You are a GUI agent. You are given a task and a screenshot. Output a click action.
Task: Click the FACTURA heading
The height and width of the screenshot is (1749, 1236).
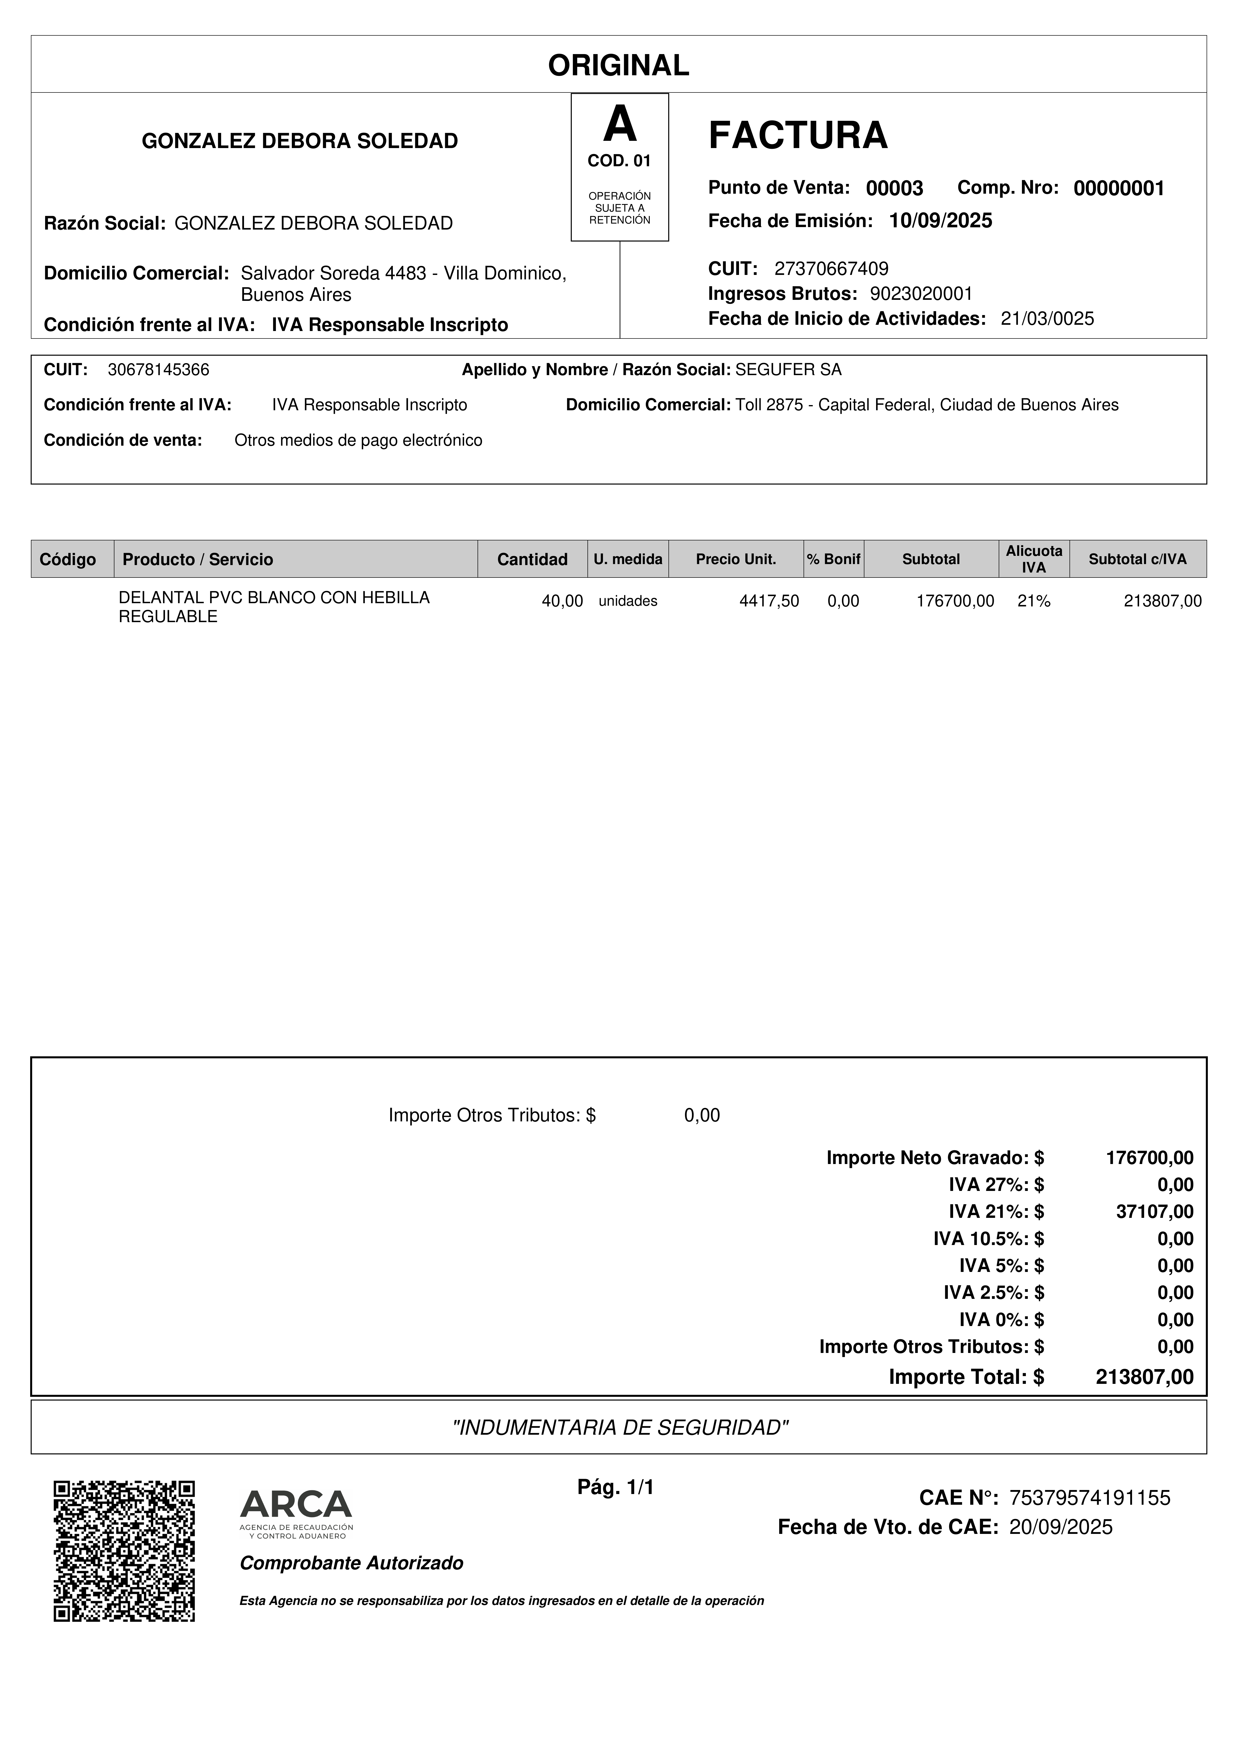point(797,136)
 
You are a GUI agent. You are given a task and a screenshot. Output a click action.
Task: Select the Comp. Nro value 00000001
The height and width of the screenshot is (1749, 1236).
point(1119,189)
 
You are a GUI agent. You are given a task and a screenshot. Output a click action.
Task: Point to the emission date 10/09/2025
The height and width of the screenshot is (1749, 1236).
point(940,221)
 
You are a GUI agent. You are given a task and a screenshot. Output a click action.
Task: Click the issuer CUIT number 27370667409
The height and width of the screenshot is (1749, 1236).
point(831,268)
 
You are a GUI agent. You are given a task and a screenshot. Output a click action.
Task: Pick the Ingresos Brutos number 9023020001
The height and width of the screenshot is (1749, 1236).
point(921,294)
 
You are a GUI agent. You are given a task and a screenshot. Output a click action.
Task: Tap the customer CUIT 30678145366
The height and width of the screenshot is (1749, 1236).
point(159,370)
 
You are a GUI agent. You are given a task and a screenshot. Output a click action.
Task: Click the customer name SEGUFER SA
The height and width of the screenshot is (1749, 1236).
point(788,370)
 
